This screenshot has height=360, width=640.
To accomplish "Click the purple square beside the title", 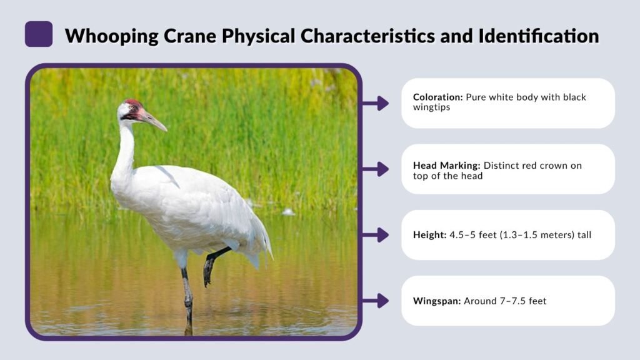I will (x=38, y=34).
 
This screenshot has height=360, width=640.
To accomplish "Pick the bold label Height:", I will (x=429, y=235).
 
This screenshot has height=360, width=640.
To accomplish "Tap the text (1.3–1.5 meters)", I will (x=536, y=235).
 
